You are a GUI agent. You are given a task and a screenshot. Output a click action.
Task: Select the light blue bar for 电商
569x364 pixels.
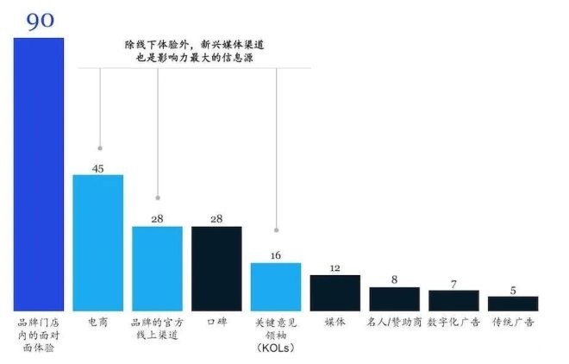tap(97, 242)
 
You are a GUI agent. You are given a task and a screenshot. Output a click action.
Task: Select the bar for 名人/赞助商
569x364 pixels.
tap(395, 298)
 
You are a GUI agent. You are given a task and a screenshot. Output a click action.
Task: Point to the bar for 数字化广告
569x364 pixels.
tap(454, 300)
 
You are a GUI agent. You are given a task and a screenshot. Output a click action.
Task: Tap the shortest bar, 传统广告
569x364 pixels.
tap(513, 303)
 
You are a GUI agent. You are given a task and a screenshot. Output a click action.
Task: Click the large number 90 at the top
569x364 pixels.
tap(40, 22)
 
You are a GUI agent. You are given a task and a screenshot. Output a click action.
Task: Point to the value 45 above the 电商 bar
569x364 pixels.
tap(97, 168)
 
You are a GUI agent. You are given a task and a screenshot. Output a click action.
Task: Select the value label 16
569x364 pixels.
tap(276, 256)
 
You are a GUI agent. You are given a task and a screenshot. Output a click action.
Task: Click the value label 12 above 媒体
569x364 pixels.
tap(335, 268)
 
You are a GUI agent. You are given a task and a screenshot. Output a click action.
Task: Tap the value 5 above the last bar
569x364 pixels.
tap(513, 291)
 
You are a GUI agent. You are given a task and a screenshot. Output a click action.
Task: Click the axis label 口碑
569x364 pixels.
tap(216, 322)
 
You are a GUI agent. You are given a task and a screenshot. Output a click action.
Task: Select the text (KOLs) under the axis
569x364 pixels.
tap(276, 348)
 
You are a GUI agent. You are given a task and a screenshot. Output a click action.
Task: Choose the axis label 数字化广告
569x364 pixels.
tap(454, 322)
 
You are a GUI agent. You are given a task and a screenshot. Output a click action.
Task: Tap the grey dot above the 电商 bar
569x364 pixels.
tap(101, 148)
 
